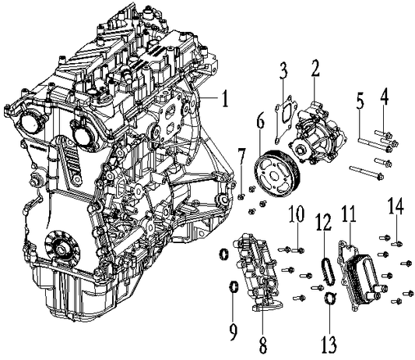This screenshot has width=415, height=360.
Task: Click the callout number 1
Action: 223,100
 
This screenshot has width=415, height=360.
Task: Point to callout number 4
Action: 384,100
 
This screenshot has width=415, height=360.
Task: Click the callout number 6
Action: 260,121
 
